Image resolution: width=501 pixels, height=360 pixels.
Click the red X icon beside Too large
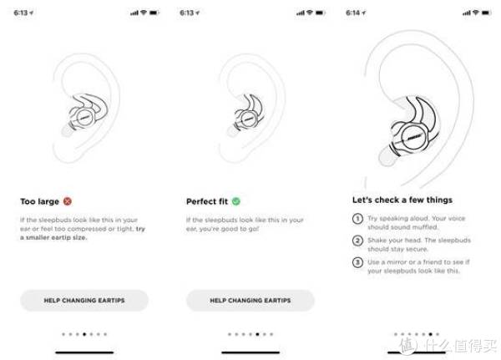pyautogui.click(x=68, y=201)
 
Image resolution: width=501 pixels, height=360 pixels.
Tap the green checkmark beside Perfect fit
pyautogui.click(x=236, y=201)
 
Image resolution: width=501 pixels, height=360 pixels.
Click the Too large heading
pyautogui.click(x=39, y=201)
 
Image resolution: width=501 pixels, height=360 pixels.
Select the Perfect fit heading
pyautogui.click(x=207, y=201)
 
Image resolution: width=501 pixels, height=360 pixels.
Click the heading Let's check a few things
pyautogui.click(x=402, y=200)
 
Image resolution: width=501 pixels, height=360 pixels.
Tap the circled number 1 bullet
pyautogui.click(x=357, y=219)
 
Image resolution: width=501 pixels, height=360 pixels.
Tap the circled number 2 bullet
pyautogui.click(x=357, y=241)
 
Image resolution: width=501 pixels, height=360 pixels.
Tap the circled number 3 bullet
pyautogui.click(x=357, y=262)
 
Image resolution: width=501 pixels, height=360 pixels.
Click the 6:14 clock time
pyautogui.click(x=352, y=13)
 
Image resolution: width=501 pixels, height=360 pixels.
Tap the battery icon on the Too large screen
pyautogui.click(x=154, y=13)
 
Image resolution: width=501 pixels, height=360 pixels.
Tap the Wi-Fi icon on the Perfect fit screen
pyautogui.click(x=309, y=13)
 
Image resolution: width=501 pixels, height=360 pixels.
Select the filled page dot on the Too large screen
pyautogui.click(x=84, y=334)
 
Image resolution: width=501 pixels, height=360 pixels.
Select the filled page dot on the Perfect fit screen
pyautogui.click(x=257, y=334)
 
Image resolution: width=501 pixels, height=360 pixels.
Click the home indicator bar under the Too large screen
pyautogui.click(x=84, y=352)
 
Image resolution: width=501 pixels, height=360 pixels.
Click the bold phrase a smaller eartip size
pyautogui.click(x=53, y=237)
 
